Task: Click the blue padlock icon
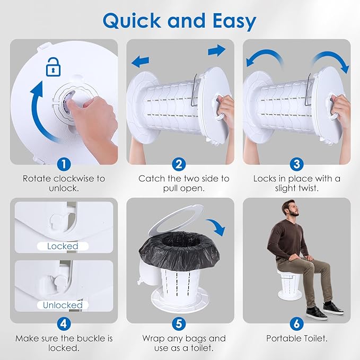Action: [53, 67]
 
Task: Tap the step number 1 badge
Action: [64, 164]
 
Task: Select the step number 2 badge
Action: [179, 164]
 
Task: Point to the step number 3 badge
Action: [296, 164]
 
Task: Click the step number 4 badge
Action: [64, 324]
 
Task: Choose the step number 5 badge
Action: [179, 324]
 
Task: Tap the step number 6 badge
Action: [296, 324]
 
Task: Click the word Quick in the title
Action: [132, 21]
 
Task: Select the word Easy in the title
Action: [234, 22]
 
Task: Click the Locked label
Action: [63, 246]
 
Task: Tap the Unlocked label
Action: [63, 305]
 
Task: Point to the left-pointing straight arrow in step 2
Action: [141, 62]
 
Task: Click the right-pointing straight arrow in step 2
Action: [217, 50]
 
